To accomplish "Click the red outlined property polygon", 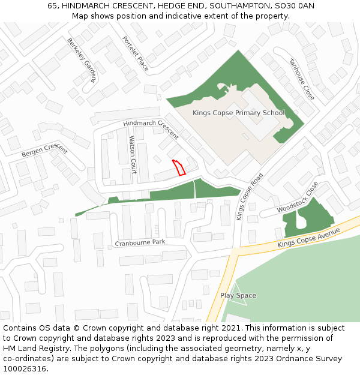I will (179, 167).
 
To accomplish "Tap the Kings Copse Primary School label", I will (238, 113).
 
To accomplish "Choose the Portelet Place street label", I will (136, 54).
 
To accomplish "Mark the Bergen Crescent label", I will (44, 151).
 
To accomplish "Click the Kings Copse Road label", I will (250, 197).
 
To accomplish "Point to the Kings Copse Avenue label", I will (308, 238).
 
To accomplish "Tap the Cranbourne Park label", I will (140, 243).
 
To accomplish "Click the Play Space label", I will (238, 295).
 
